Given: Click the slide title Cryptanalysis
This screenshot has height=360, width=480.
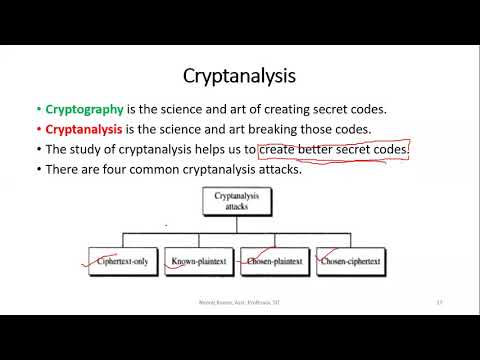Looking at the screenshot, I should coord(240,75).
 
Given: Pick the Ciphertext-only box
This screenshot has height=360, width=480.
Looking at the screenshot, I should coord(122,261).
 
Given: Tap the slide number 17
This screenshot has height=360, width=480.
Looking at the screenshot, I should coord(439,302).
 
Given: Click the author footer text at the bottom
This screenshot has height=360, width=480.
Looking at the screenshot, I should coord(240,302).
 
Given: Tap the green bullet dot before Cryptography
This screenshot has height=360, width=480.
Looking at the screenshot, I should coord(37,109).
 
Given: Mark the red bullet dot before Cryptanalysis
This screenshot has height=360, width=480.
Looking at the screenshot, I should coord(37,129).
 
